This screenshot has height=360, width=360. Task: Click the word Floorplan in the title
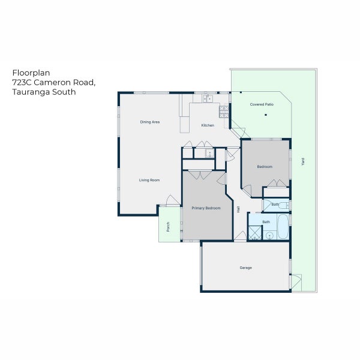point(31,73)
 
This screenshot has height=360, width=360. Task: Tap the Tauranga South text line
point(44,92)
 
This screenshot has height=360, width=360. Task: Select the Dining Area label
point(150,122)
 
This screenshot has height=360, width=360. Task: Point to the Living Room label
point(149,180)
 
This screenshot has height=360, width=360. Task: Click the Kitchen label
point(208,125)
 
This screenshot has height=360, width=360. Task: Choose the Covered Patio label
point(262,104)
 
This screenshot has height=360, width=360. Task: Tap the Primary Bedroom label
point(206,208)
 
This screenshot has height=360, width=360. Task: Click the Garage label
point(245,268)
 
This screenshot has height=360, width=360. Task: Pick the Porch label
point(168,227)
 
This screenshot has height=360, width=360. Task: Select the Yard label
point(303,161)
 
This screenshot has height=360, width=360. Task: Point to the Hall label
point(238,209)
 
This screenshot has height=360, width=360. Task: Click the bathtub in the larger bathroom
point(283,227)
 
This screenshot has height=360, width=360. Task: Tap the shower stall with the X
point(255,233)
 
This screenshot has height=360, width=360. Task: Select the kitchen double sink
point(208,99)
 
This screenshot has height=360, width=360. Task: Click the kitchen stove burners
point(224,112)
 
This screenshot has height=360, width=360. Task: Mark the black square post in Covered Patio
point(266,115)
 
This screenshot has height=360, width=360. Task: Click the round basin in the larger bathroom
point(269,235)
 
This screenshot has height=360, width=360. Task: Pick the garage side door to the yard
point(296,283)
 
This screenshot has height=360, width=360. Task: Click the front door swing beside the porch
point(173,200)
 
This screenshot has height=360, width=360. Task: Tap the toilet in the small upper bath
point(284,205)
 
